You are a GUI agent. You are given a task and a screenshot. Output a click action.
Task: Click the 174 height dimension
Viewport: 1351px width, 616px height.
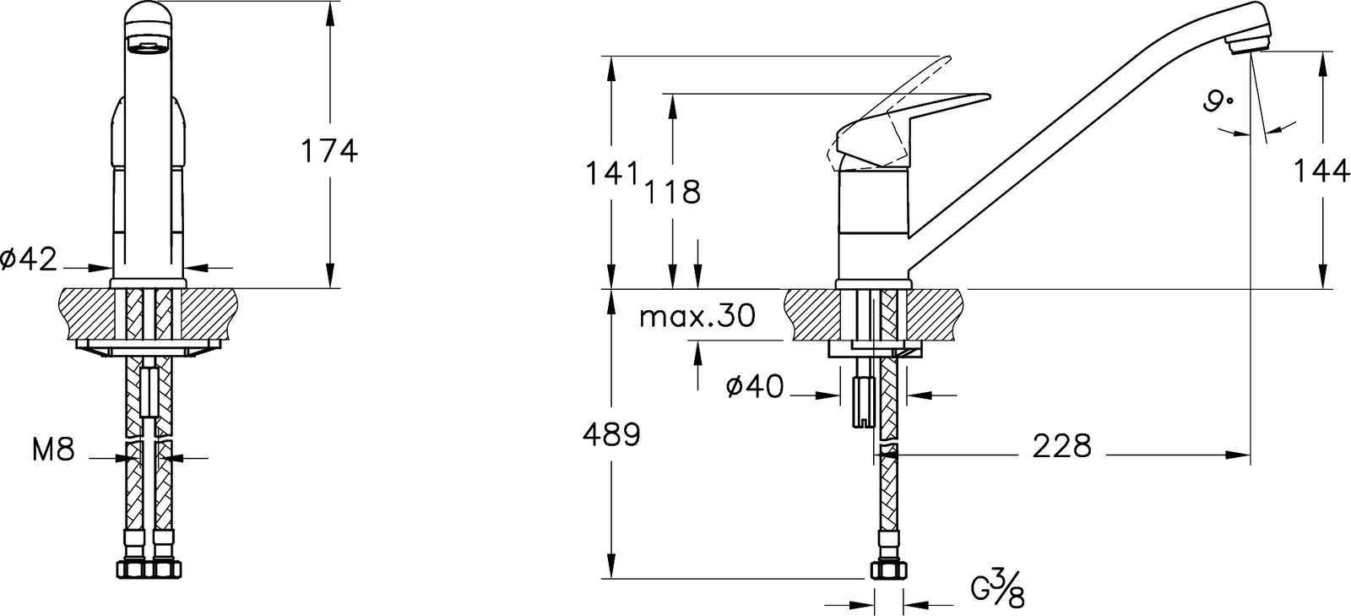(328, 151)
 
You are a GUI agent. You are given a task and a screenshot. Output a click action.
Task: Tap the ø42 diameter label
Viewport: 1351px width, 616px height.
(29, 260)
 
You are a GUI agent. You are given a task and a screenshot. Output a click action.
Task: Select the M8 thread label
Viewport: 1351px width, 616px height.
(53, 450)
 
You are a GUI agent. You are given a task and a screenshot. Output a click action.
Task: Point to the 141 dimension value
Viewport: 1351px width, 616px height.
(613, 175)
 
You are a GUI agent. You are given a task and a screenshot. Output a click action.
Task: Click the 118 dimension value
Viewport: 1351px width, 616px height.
(672, 193)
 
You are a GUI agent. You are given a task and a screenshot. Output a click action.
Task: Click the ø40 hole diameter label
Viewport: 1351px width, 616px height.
(755, 386)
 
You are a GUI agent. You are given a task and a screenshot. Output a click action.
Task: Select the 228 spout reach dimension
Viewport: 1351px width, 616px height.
(1062, 446)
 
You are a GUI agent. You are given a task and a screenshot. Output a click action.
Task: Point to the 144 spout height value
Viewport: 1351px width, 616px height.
(1320, 172)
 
